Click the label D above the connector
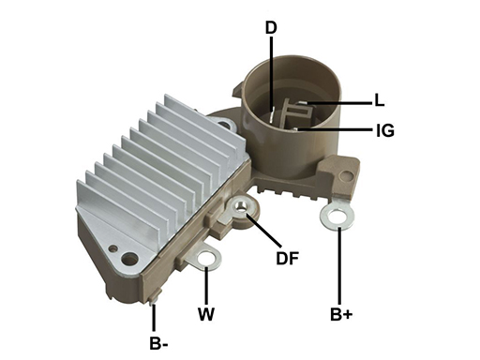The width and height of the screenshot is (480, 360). pos(271,27)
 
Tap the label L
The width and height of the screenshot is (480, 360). pos(380,100)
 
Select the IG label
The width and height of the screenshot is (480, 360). pos(385,130)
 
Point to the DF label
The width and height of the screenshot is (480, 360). pos(287,258)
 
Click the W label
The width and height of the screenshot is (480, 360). pos(206,314)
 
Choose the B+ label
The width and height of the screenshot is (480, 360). pos(341,314)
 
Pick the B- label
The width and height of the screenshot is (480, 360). pos(158,344)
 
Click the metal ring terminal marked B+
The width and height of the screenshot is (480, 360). pos(337,217)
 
